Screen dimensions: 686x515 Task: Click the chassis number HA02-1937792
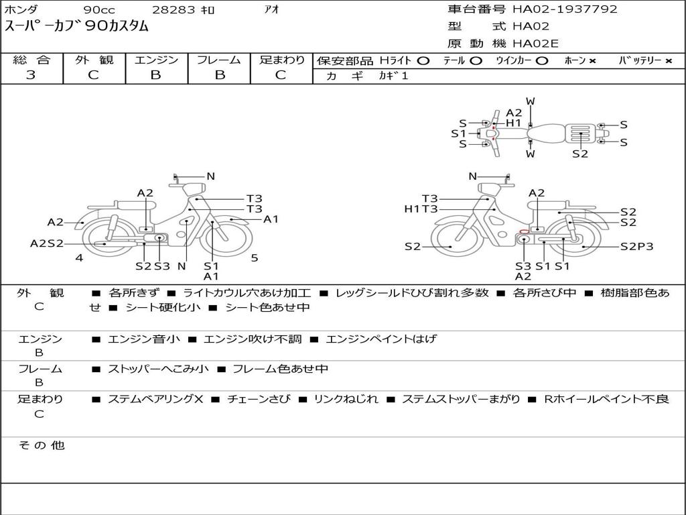565,9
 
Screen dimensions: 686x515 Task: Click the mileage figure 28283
174,9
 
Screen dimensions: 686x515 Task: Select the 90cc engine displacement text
99,9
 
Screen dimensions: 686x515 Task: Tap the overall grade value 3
31,75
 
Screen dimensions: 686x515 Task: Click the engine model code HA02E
535,44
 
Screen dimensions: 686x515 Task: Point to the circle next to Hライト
423,61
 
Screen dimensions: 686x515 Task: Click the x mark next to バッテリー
669,61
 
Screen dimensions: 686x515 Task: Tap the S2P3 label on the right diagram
636,247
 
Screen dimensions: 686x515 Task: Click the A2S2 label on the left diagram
47,243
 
